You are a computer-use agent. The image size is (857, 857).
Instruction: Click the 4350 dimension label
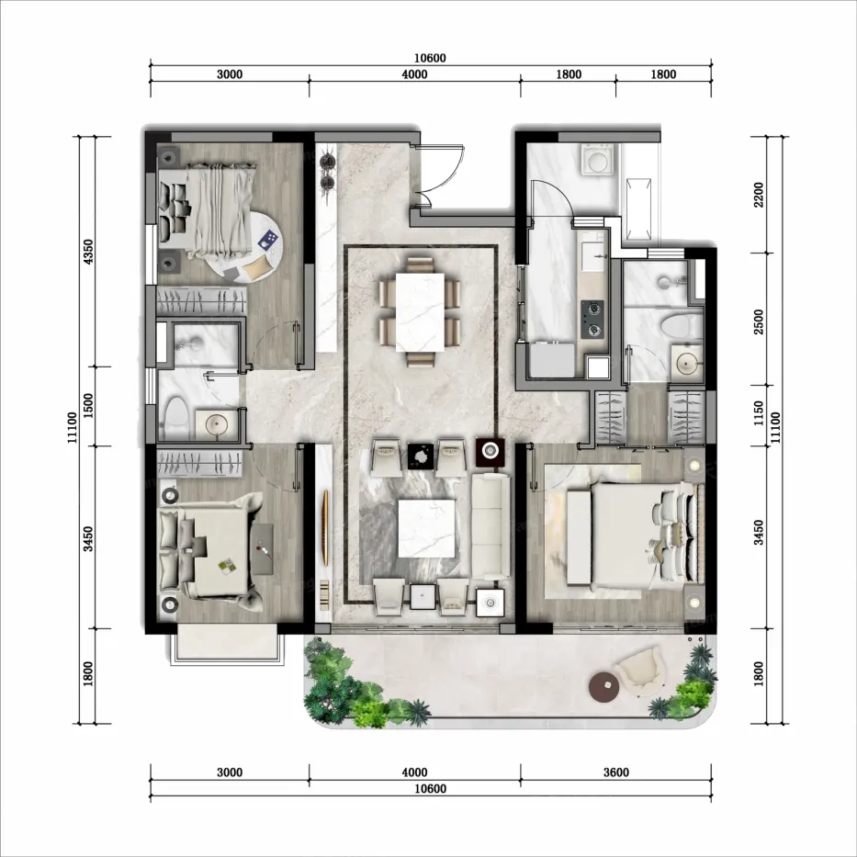click(x=88, y=251)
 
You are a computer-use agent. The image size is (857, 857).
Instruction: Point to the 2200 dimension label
click(x=759, y=195)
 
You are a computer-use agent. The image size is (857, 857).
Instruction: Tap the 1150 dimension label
click(x=759, y=413)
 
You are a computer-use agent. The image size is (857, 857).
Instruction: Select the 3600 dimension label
click(x=616, y=772)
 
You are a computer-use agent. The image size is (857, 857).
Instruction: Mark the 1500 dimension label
click(x=88, y=406)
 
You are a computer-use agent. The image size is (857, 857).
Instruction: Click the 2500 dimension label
click(x=759, y=321)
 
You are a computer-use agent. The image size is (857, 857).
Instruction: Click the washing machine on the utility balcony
click(x=598, y=159)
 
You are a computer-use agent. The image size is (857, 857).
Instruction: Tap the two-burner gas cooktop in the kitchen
click(x=592, y=319)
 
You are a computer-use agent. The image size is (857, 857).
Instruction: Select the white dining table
click(x=420, y=312)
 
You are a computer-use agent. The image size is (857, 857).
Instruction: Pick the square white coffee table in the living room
click(x=426, y=528)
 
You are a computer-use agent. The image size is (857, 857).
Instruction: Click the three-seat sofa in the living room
click(x=491, y=526)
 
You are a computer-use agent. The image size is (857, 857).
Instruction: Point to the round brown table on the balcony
click(x=604, y=686)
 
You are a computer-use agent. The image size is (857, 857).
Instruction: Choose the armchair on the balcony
click(x=639, y=672)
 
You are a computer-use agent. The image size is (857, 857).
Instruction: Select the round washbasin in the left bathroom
click(x=217, y=423)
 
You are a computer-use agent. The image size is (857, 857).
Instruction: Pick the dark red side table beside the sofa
click(x=490, y=451)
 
